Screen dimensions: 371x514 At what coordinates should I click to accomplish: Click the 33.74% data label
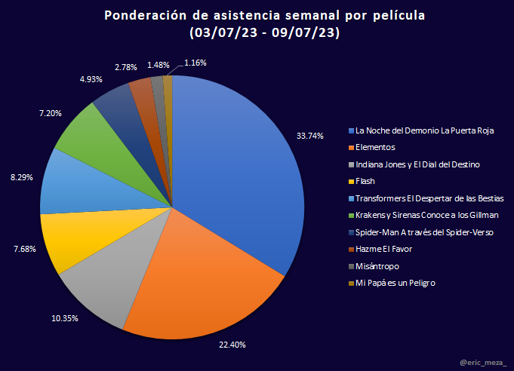pos(310,136)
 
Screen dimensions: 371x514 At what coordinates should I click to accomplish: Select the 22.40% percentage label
pos(232,345)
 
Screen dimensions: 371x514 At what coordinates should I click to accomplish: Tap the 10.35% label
pos(66,318)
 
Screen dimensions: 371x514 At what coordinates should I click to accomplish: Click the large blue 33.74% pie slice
pos(242,166)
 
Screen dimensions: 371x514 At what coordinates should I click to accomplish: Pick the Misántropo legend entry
pos(378,266)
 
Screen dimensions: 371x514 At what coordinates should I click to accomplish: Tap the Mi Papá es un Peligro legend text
pos(396,283)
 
